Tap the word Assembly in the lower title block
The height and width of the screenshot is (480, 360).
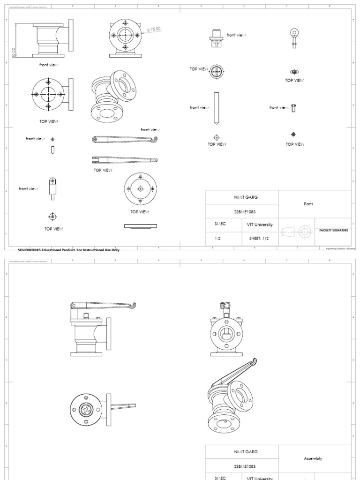[314, 458]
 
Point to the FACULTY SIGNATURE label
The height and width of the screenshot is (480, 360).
[333, 231]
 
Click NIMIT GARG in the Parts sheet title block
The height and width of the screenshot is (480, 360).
[242, 197]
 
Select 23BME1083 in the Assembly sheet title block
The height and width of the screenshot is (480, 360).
[242, 466]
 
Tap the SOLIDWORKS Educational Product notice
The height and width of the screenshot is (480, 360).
[69, 250]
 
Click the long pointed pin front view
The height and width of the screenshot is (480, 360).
[216, 108]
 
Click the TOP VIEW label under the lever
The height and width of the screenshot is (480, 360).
[103, 170]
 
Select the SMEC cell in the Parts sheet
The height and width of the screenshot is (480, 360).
[220, 224]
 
